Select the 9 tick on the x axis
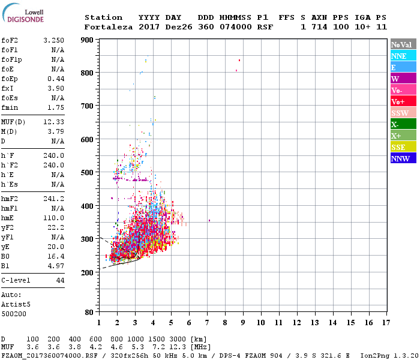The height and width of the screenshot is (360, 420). coord(242,322)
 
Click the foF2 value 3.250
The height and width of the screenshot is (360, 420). coord(54,40)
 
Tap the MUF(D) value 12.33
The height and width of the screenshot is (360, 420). coord(54,121)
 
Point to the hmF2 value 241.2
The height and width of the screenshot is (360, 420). coord(54,198)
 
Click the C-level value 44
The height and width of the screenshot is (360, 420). coord(60,280)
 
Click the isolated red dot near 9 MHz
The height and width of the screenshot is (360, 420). coord(239,60)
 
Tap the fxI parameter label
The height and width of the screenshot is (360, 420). coord(8,88)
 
